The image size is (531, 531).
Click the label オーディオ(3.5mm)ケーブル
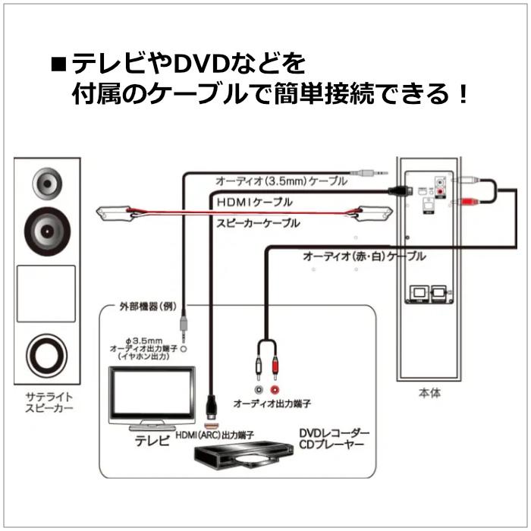281,182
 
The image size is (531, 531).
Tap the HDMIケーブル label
254,203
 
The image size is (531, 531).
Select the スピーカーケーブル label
258,224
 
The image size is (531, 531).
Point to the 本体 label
429,394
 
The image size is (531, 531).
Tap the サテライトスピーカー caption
46,401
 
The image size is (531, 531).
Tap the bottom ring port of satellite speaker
46,353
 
